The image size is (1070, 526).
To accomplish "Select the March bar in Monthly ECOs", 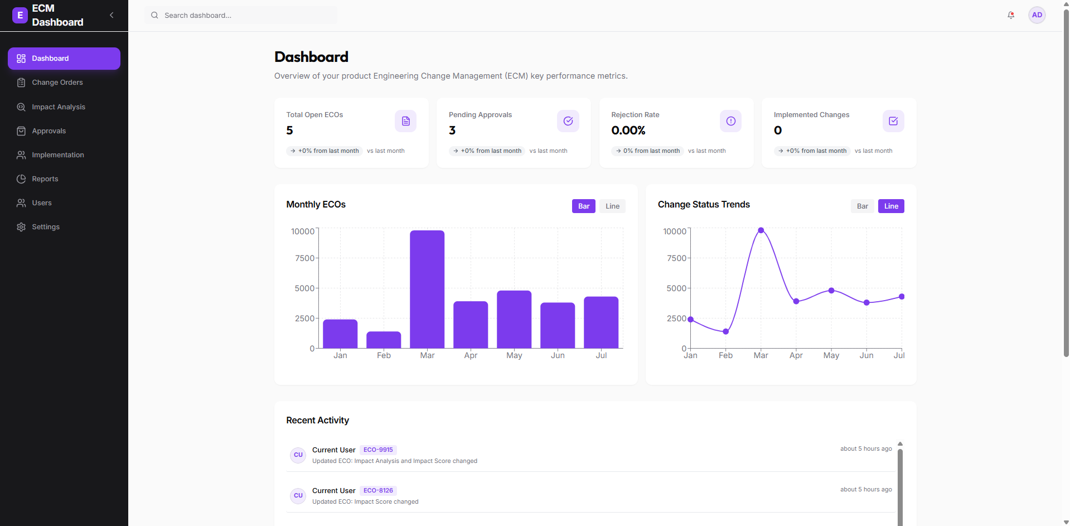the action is (427, 289).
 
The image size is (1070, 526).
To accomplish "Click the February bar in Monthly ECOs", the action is (384, 340).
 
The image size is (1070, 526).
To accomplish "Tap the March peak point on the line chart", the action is (761, 230).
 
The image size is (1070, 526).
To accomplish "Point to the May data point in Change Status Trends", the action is (831, 291).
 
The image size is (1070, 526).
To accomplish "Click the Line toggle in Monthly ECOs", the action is (612, 206).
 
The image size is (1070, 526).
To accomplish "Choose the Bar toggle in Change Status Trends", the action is (863, 206).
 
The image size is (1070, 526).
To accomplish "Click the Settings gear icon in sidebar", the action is (21, 227).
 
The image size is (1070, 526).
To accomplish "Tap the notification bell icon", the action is (1011, 15).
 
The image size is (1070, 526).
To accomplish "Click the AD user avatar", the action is (1037, 15).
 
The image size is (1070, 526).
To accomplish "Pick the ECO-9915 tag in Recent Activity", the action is (378, 450).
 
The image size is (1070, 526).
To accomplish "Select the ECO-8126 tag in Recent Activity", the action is (378, 491).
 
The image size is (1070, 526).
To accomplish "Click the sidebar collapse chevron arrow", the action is (112, 15).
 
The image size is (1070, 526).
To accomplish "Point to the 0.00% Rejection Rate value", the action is (628, 131).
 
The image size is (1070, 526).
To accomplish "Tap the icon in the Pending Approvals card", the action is (568, 121).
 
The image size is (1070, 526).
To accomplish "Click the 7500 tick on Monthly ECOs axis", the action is (304, 258).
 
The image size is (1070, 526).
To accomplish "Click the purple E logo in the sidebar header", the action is (20, 15).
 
